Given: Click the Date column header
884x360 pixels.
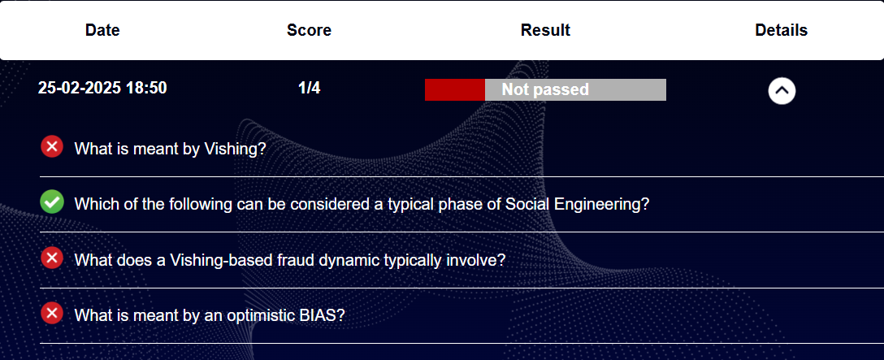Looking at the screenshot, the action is (102, 30).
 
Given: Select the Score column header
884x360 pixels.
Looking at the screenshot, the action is (309, 30).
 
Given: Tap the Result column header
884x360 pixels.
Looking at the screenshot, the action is (545, 30).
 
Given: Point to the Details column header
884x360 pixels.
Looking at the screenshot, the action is (782, 30).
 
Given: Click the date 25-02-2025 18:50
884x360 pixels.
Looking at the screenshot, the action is (102, 88).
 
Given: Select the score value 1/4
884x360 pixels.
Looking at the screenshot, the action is (309, 88).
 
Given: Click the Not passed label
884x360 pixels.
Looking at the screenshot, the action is (545, 89).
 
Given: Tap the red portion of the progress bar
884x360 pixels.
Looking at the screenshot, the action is (455, 89).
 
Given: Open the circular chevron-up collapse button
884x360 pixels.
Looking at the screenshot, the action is (782, 90).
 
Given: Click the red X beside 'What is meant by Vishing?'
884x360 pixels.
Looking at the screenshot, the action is (52, 147).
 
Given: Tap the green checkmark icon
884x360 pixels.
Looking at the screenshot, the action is (52, 202).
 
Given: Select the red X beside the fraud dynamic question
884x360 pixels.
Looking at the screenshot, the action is (52, 258).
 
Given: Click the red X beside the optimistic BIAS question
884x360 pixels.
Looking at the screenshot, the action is (52, 313).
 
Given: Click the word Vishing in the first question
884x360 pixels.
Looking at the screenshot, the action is (235, 149).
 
